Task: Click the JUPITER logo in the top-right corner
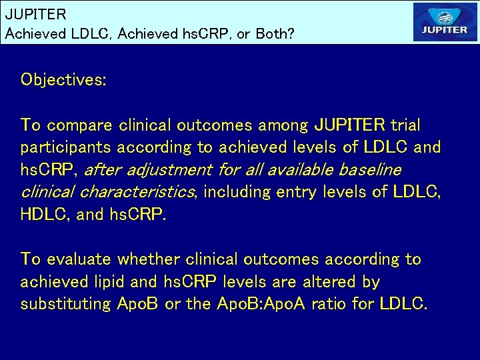pos(445,23)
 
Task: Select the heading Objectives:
pos(64,80)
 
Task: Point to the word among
pos(287,125)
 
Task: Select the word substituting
pos(66,304)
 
